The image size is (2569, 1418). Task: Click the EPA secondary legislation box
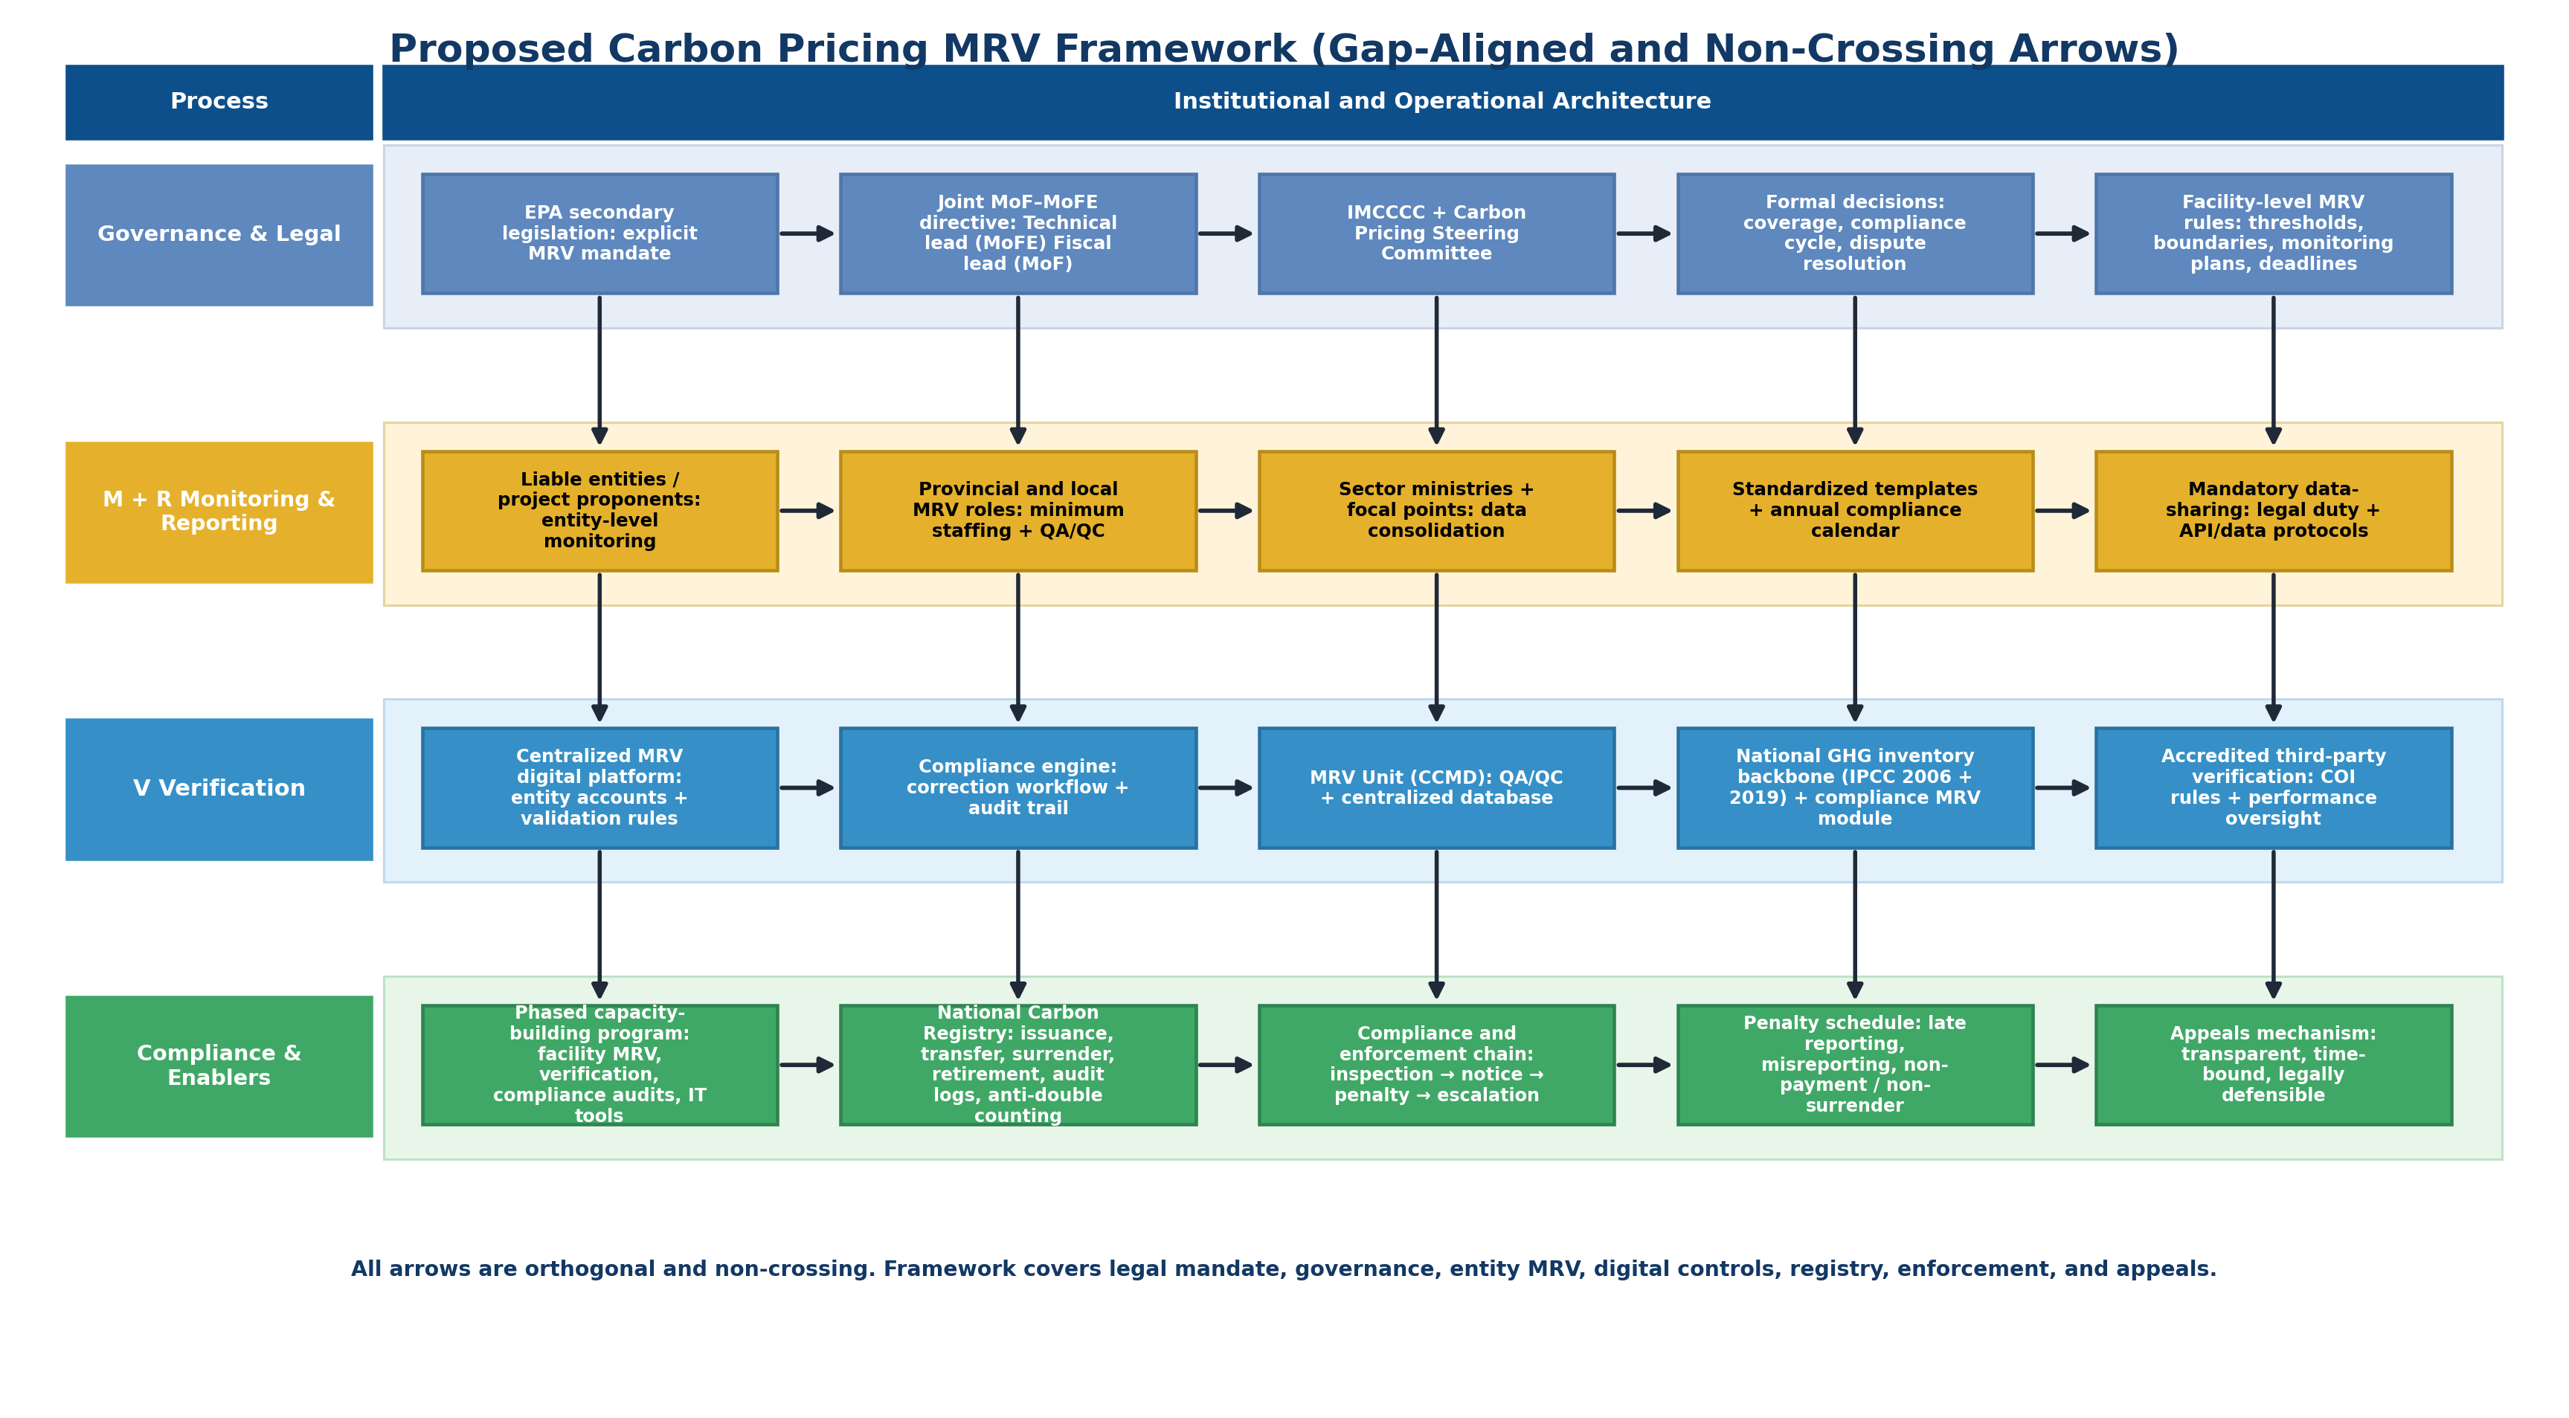point(599,233)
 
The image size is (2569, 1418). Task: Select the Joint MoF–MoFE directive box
point(1017,233)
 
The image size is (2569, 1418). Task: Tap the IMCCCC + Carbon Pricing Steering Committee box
point(1436,233)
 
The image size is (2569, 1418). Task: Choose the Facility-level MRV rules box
point(2273,233)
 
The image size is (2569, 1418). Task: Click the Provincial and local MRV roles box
point(1017,511)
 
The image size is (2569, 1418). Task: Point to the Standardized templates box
point(1854,511)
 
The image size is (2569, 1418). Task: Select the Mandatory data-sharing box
point(2273,511)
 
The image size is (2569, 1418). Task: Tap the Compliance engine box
point(1017,787)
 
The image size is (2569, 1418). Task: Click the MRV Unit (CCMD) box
point(1436,787)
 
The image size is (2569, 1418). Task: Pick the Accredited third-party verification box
point(2273,787)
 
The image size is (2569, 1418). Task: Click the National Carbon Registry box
point(1017,1064)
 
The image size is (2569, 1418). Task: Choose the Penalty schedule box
point(1854,1064)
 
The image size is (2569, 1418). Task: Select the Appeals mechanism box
point(2273,1064)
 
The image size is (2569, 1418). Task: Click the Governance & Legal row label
point(219,234)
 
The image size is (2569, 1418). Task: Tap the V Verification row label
point(219,789)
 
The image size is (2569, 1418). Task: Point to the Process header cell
point(219,102)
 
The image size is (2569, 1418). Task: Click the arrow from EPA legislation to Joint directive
point(807,233)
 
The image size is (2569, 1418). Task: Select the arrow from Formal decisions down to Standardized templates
point(1854,369)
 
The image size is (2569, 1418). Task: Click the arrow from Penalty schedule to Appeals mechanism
point(2062,1064)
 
